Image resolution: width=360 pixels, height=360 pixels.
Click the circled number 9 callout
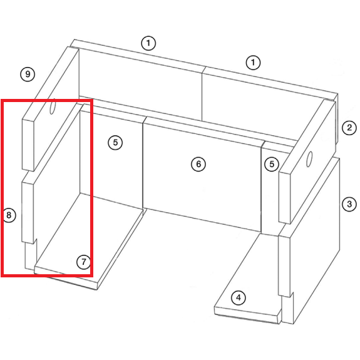(28, 74)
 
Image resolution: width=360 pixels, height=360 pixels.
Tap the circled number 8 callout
(9, 215)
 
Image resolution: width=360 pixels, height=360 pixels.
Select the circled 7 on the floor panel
(83, 262)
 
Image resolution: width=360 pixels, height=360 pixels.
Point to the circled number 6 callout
(198, 164)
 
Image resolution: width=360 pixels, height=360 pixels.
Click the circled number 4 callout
(239, 298)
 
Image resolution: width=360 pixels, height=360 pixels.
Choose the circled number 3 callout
(349, 204)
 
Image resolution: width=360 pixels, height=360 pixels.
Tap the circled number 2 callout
(349, 128)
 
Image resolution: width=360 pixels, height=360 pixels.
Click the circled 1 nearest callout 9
(148, 43)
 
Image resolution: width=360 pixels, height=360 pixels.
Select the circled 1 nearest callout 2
(253, 63)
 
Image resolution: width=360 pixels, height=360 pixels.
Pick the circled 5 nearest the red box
(115, 143)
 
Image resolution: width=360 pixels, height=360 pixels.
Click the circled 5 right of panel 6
(272, 164)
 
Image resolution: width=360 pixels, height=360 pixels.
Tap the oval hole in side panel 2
(309, 159)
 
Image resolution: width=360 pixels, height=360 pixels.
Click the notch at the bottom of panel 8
(35, 242)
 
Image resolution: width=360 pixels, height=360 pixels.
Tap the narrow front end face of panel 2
(285, 198)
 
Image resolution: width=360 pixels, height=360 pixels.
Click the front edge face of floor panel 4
(247, 315)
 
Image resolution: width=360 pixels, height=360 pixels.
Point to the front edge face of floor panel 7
(66, 279)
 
